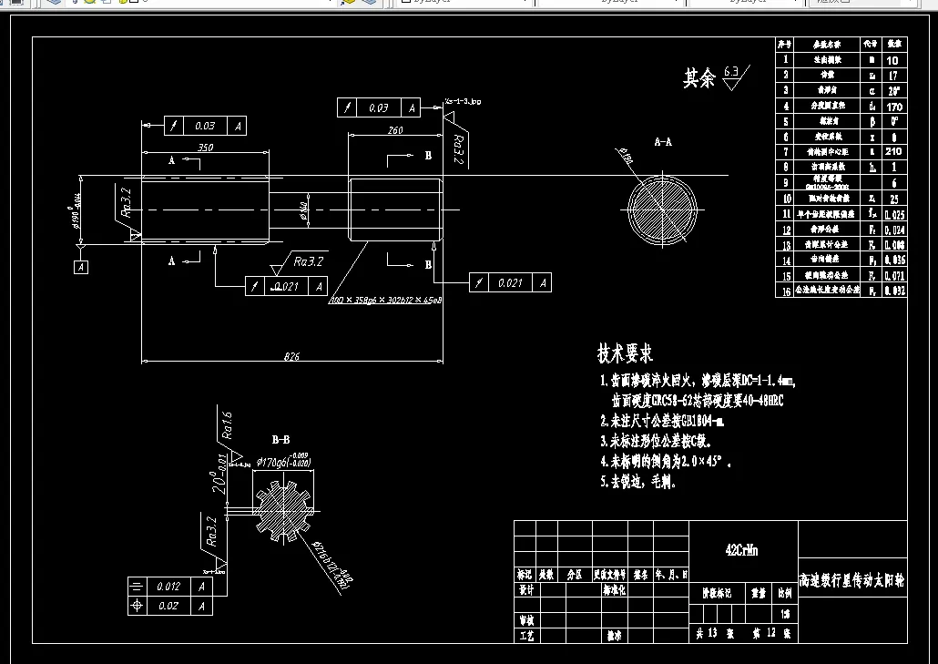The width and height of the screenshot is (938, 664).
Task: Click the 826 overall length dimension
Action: [x=291, y=356]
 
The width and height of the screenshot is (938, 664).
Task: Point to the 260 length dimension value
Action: [x=395, y=130]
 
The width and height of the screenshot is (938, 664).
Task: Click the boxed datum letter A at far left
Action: [x=82, y=267]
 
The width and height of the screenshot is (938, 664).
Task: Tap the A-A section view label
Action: [x=663, y=142]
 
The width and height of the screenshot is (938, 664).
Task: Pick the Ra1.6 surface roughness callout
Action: [x=226, y=426]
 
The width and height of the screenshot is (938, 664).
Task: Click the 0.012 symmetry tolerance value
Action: [x=168, y=587]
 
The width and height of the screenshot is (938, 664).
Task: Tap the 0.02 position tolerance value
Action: [x=168, y=605]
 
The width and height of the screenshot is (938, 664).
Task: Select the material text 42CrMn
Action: [x=741, y=550]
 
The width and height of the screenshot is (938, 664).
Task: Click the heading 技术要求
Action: [x=625, y=353]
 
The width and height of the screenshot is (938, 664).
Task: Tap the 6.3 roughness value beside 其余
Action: [x=732, y=70]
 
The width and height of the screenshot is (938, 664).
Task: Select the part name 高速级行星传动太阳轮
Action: [x=851, y=580]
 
